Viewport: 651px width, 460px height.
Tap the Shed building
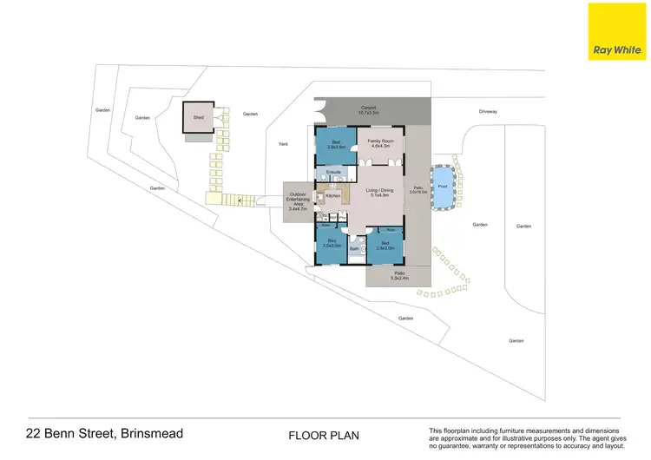pyautogui.click(x=199, y=119)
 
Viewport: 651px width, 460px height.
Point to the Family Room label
pyautogui.click(x=381, y=144)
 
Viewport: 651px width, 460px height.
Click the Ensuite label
pyautogui.click(x=332, y=174)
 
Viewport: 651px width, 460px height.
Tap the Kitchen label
pyautogui.click(x=334, y=198)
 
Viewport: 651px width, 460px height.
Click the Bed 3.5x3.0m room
pyautogui.click(x=385, y=246)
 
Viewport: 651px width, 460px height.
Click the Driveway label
pyautogui.click(x=488, y=111)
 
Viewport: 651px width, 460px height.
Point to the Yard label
pyautogui.click(x=282, y=144)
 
